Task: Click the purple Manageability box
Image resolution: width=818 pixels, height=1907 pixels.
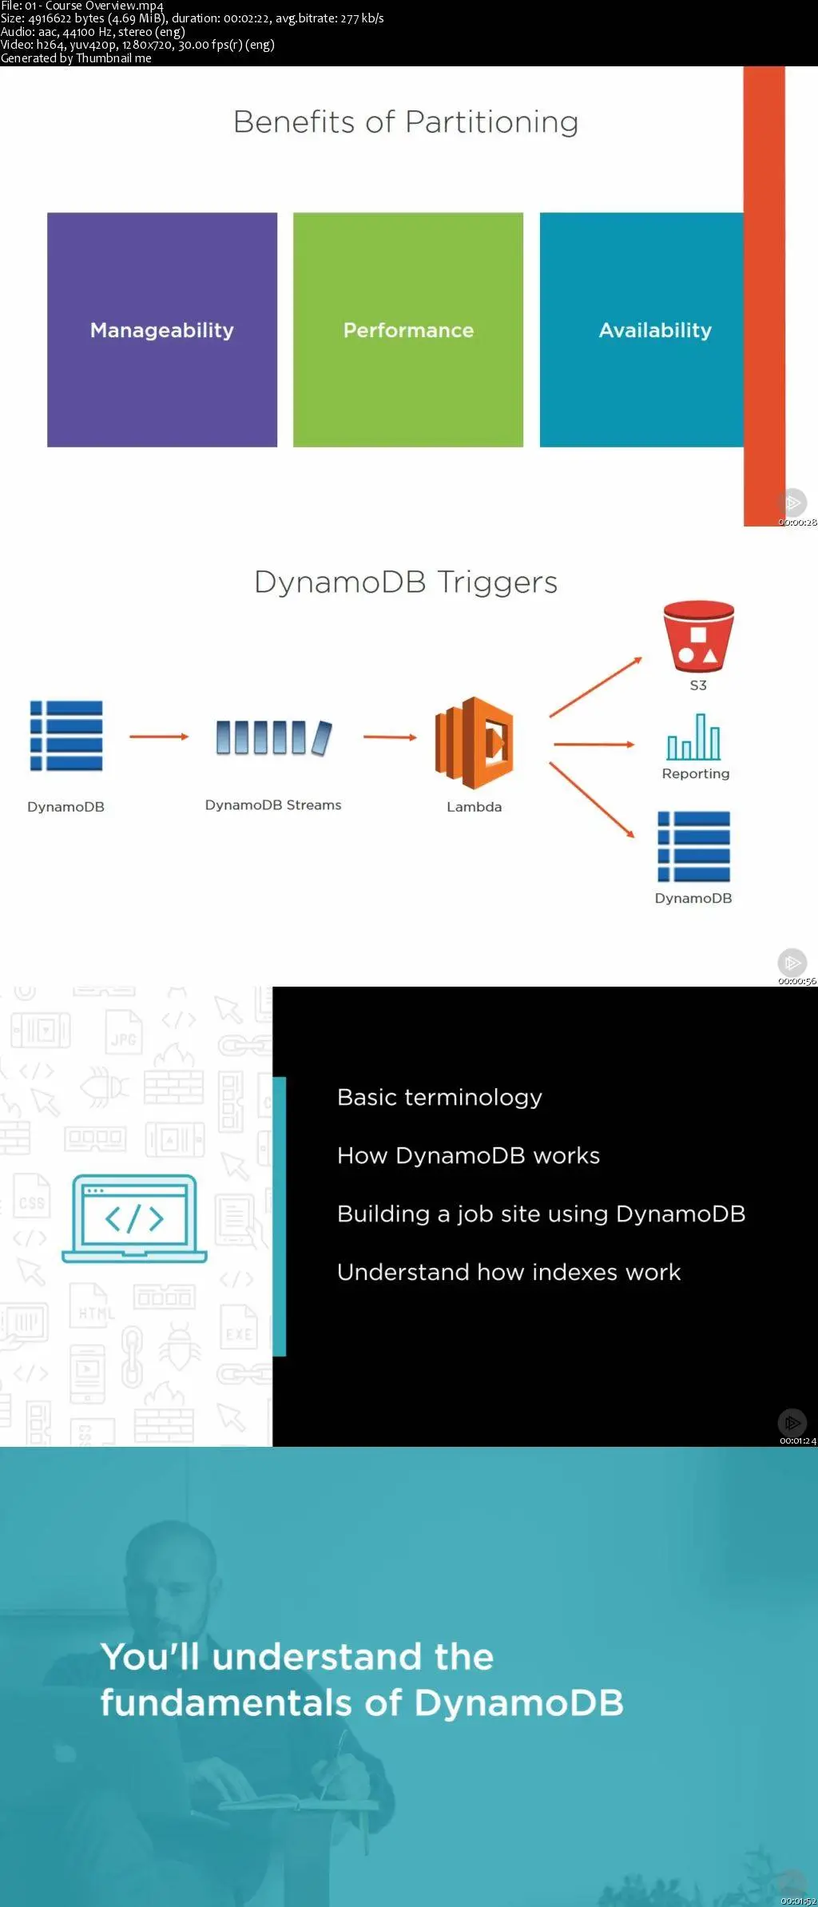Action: pyautogui.click(x=162, y=329)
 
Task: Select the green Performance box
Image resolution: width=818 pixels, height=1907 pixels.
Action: pyautogui.click(x=408, y=329)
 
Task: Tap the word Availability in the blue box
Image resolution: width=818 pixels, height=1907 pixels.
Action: pyautogui.click(x=655, y=330)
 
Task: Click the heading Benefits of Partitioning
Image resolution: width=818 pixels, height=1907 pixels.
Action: pyautogui.click(x=406, y=122)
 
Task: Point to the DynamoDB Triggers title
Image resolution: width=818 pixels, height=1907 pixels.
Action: pyautogui.click(x=406, y=582)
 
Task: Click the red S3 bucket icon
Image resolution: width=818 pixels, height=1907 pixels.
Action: pyautogui.click(x=698, y=636)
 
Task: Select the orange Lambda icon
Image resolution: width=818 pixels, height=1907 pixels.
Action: pyautogui.click(x=474, y=743)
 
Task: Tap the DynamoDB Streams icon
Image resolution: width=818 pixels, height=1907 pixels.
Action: pyautogui.click(x=273, y=737)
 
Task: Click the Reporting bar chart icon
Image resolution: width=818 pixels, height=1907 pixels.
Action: pyautogui.click(x=694, y=737)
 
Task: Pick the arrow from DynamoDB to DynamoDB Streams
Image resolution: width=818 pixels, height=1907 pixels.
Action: pyautogui.click(x=159, y=737)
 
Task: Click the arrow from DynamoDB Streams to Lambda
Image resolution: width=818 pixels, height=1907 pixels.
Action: pyautogui.click(x=390, y=737)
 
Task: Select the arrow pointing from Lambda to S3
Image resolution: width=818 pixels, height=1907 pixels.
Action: pyautogui.click(x=596, y=686)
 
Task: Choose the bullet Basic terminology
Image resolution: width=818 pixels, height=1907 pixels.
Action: pyautogui.click(x=439, y=1097)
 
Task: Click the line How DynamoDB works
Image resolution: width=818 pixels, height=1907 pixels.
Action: pyautogui.click(x=468, y=1155)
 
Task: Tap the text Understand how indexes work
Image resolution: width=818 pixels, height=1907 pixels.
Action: pyautogui.click(x=509, y=1272)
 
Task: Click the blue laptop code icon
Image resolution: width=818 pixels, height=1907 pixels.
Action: pyautogui.click(x=134, y=1218)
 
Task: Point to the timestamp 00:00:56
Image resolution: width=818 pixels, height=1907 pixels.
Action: pyautogui.click(x=797, y=981)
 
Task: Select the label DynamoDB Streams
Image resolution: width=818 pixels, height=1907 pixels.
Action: pyautogui.click(x=273, y=805)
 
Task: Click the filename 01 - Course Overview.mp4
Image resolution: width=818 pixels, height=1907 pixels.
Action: pyautogui.click(x=94, y=6)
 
